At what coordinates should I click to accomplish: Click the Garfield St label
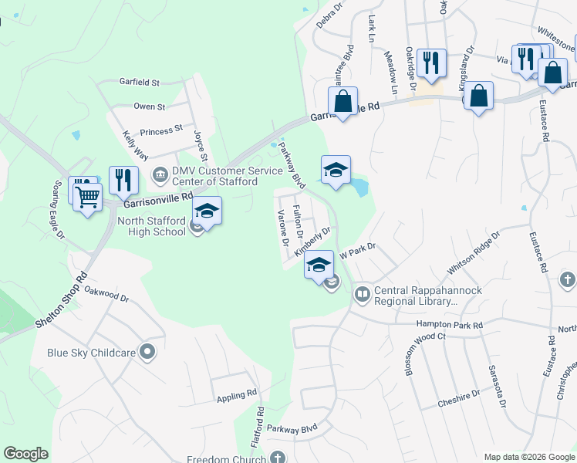click(x=139, y=82)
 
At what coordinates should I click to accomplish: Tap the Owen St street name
click(x=149, y=106)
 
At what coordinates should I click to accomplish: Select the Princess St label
click(x=160, y=130)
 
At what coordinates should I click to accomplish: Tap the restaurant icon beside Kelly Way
click(x=123, y=180)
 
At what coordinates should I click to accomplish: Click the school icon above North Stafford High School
click(x=207, y=210)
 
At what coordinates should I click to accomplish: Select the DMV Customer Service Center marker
click(x=160, y=174)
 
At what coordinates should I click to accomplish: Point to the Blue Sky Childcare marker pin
click(x=148, y=353)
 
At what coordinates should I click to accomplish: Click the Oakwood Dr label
click(x=106, y=293)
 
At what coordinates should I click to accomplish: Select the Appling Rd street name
click(x=236, y=394)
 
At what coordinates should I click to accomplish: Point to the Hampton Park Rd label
click(x=449, y=326)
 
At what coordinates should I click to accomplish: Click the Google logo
click(x=25, y=454)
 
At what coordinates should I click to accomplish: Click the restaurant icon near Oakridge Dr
click(x=431, y=63)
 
